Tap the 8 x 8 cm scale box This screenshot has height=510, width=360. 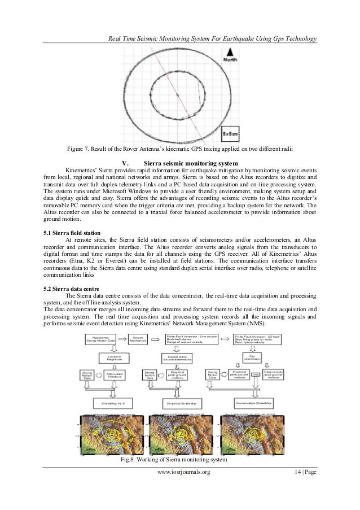[232, 136]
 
